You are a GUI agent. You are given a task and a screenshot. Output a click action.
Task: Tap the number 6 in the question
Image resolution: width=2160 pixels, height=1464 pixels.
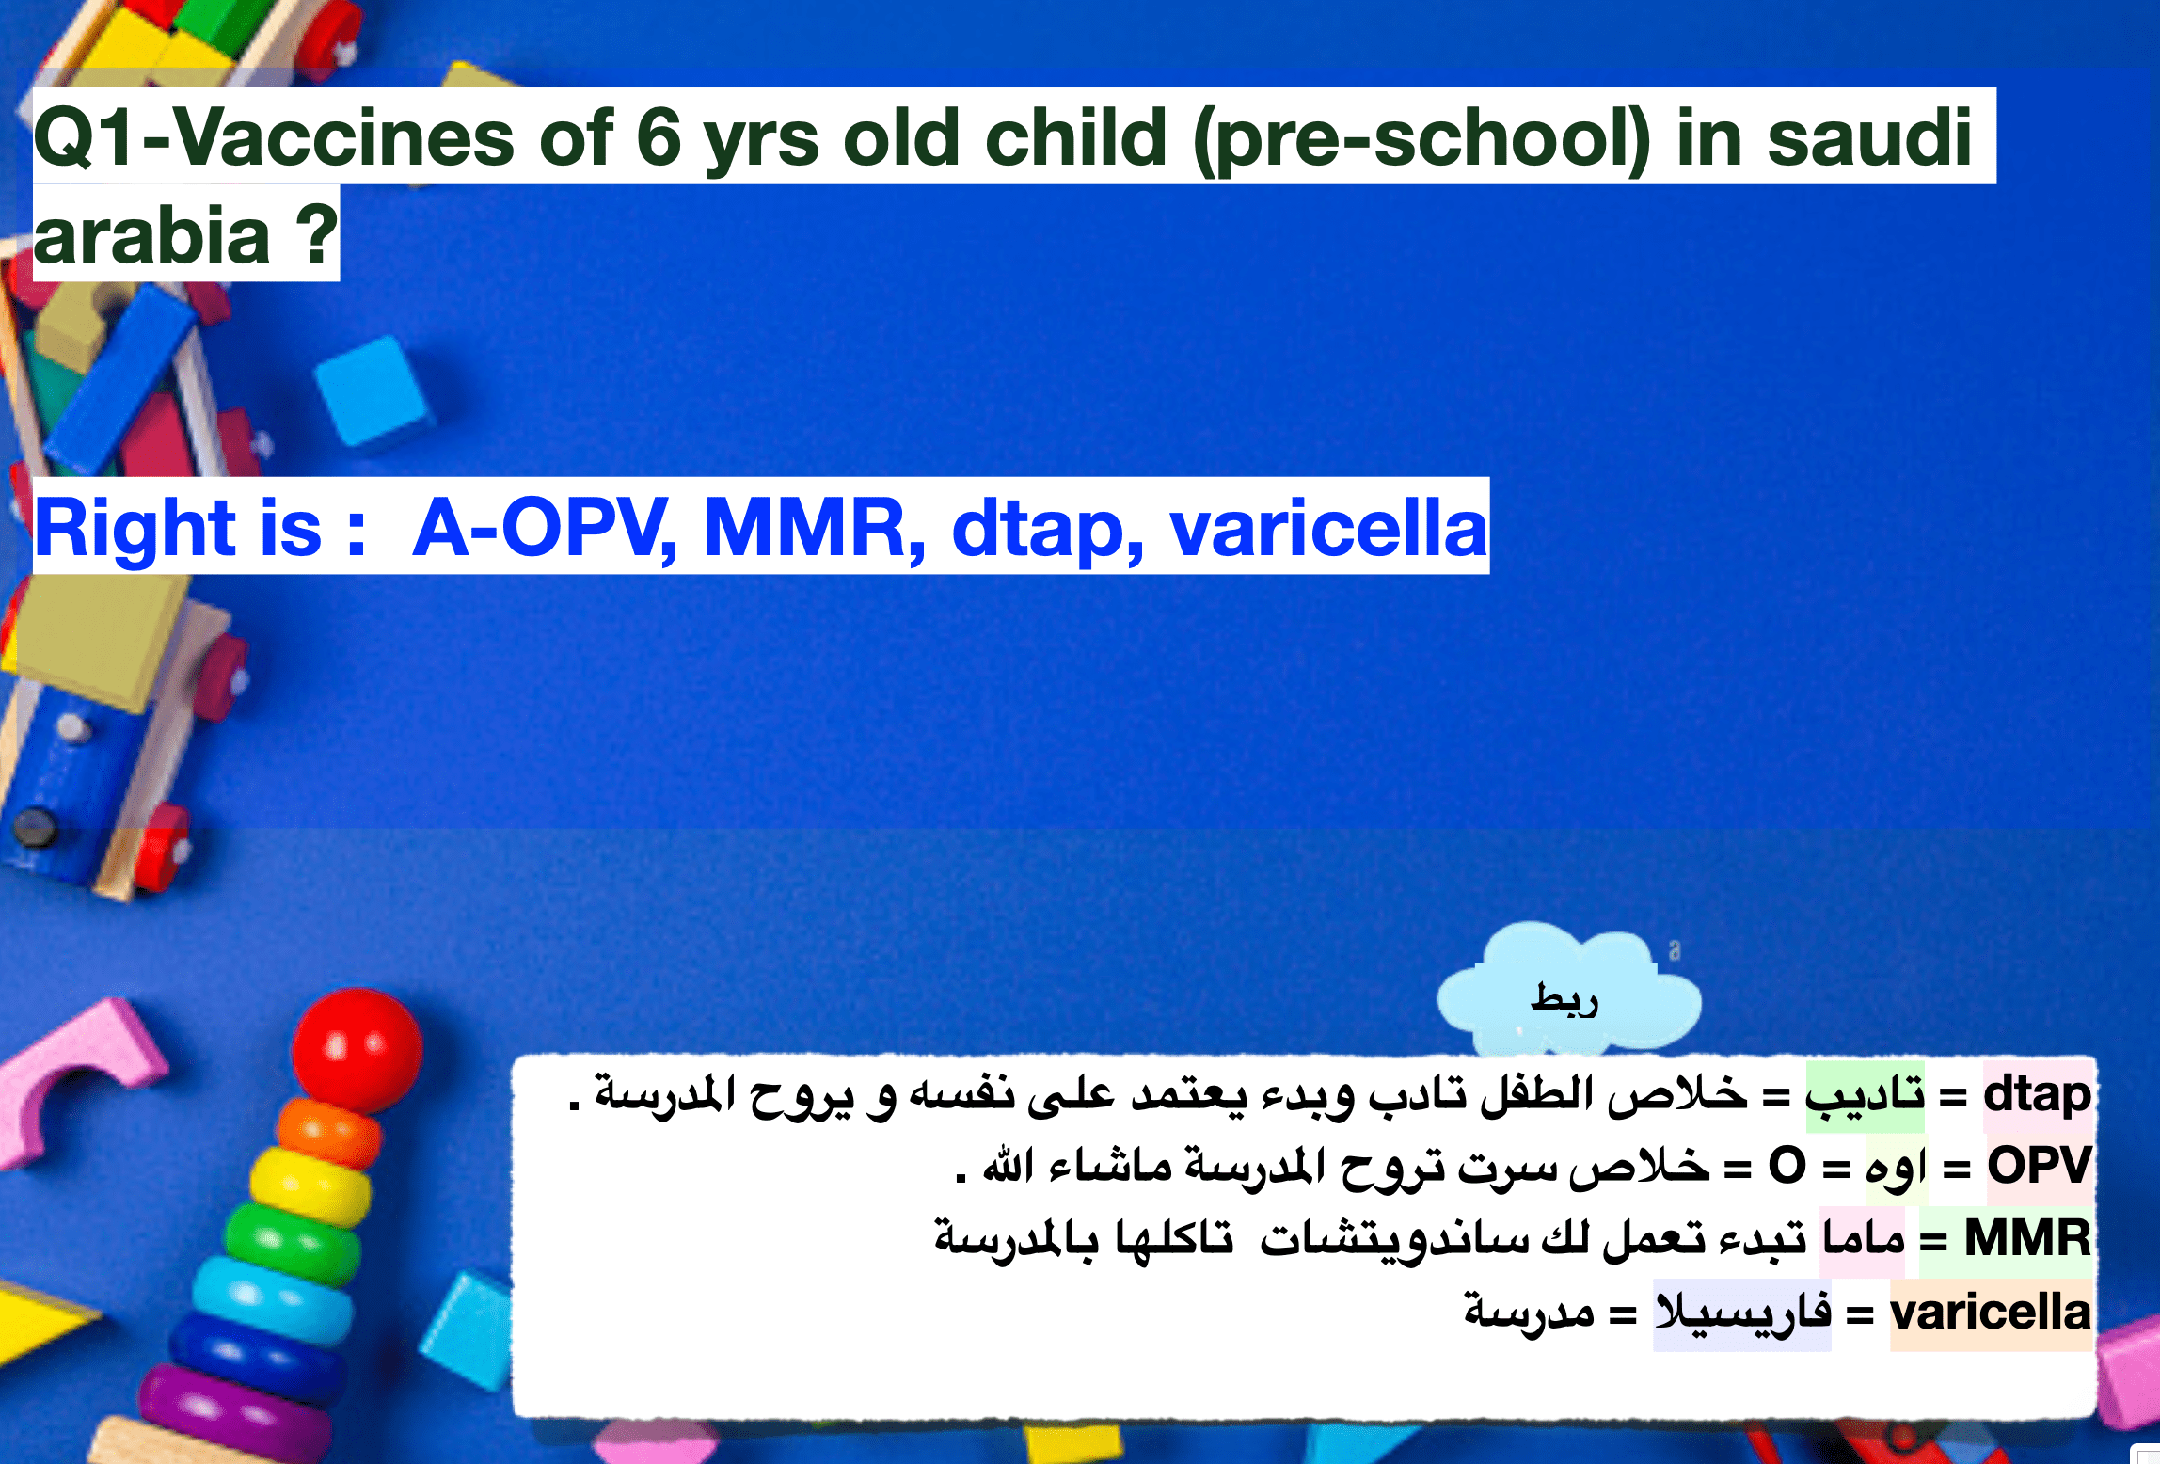659,138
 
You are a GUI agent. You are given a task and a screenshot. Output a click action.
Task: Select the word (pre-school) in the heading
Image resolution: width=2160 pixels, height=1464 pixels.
1421,141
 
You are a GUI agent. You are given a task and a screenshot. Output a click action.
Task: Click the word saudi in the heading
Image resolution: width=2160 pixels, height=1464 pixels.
1869,138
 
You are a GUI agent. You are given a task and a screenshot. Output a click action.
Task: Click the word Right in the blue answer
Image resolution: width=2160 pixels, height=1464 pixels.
135,530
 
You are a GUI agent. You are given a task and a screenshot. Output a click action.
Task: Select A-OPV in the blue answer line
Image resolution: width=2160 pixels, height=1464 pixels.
545,528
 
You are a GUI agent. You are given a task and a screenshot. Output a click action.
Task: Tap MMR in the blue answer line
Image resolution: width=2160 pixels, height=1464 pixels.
813,528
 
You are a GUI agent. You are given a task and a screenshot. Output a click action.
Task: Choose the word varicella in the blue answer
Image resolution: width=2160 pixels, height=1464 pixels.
1328,528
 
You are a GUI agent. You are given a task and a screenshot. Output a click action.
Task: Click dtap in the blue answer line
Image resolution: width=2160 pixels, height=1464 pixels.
1046,530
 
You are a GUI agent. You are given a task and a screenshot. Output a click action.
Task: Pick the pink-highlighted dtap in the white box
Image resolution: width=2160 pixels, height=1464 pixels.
2037,1094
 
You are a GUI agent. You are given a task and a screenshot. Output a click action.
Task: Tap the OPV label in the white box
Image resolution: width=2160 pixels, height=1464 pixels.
2040,1166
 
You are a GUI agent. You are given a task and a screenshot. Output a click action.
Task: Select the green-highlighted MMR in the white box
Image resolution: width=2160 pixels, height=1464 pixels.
2027,1238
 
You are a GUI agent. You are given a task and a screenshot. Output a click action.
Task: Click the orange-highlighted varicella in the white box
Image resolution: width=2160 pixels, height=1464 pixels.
1991,1312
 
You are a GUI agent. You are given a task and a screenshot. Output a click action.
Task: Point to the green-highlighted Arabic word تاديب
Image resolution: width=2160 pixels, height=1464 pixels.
1865,1095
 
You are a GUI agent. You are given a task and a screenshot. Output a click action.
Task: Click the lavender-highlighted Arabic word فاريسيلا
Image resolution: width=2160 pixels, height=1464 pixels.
1742,1312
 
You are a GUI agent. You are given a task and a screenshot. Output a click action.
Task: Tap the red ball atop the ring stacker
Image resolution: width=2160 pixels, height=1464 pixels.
357,1050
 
